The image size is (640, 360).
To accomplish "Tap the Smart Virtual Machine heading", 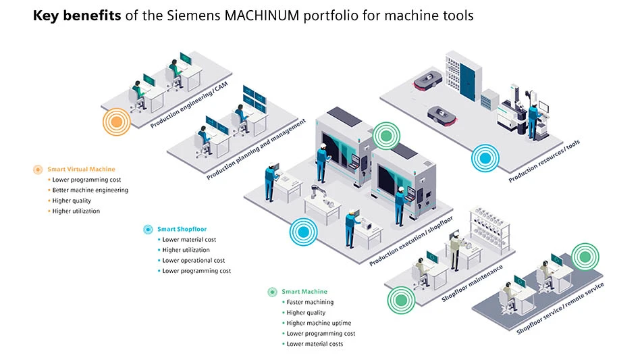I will pyautogui.click(x=81, y=169).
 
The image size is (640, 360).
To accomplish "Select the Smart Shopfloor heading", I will pyautogui.click(x=182, y=229).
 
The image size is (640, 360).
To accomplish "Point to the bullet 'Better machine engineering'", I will pyautogui.click(x=90, y=190).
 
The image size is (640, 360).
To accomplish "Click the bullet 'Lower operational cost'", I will pyautogui.click(x=193, y=260).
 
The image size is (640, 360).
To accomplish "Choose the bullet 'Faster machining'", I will pyautogui.click(x=310, y=302).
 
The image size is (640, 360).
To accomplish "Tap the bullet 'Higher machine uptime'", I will pyautogui.click(x=319, y=323).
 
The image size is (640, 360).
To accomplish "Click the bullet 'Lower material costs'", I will pyautogui.click(x=315, y=344).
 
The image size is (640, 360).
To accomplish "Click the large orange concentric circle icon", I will pyautogui.click(x=116, y=122).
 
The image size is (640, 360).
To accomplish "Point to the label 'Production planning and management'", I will pyautogui.click(x=256, y=149).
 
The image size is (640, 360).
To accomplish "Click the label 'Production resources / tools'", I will pyautogui.click(x=544, y=161).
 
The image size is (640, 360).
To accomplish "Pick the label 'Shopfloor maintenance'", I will pyautogui.click(x=472, y=283).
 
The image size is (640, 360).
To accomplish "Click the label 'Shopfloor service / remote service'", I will pyautogui.click(x=560, y=308).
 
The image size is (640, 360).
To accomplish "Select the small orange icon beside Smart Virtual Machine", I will pyautogui.click(x=38, y=169).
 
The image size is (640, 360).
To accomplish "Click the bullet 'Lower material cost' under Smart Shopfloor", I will pyautogui.click(x=189, y=239).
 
